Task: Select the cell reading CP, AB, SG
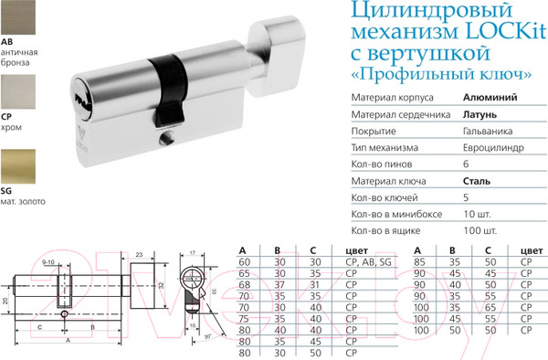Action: [x=365, y=262]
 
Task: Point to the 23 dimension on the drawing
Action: [x=138, y=256]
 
